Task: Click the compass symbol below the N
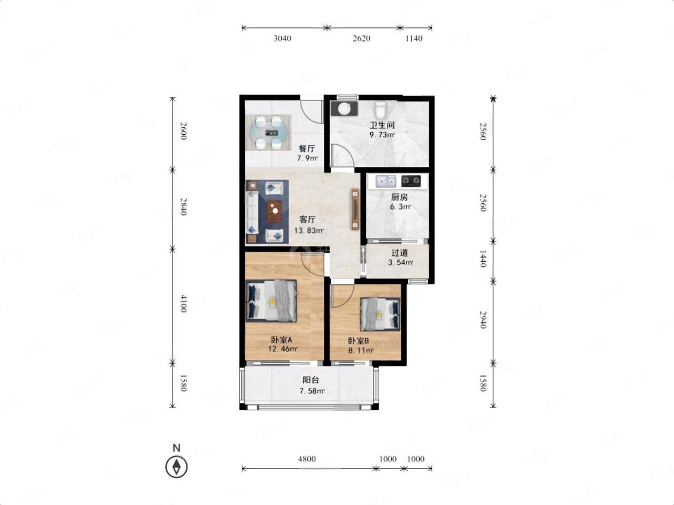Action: tap(176, 467)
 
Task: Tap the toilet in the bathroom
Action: tap(381, 110)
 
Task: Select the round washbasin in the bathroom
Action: tap(343, 108)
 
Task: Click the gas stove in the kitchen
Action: tap(411, 181)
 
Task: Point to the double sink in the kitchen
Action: tap(386, 182)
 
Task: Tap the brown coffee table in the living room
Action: tap(60, 211)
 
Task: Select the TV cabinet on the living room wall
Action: tap(355, 209)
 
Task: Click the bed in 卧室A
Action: tap(272, 301)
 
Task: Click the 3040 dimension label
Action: tap(282, 38)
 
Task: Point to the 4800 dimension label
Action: tap(307, 459)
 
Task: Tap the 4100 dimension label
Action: tap(183, 304)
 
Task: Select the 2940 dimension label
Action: tap(483, 320)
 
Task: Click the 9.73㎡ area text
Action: tap(382, 135)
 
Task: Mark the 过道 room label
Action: tap(400, 253)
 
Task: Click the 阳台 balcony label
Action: tap(311, 380)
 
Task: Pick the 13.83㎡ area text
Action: tap(309, 230)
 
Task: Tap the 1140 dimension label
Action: tap(414, 38)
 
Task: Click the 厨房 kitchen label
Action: tap(399, 197)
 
